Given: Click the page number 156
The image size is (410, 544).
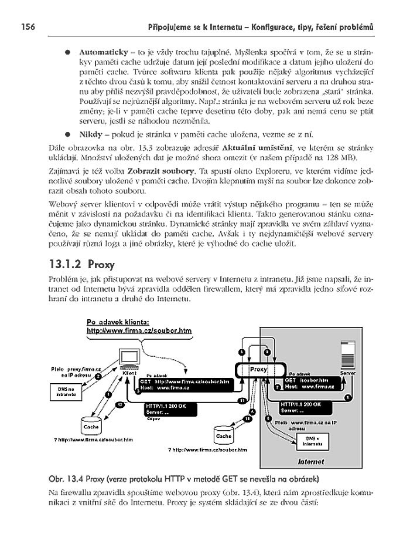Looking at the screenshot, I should tap(29, 26).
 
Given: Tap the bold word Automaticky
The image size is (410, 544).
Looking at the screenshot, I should tap(103, 52).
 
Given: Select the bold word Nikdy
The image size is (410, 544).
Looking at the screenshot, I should tap(90, 134).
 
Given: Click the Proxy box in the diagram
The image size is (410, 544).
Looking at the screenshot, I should tap(259, 370).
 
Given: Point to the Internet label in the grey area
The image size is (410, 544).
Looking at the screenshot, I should tap(310, 461).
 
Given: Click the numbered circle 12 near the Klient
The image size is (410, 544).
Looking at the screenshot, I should tap(120, 405).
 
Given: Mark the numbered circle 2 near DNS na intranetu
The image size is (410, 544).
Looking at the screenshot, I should tap(98, 376).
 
